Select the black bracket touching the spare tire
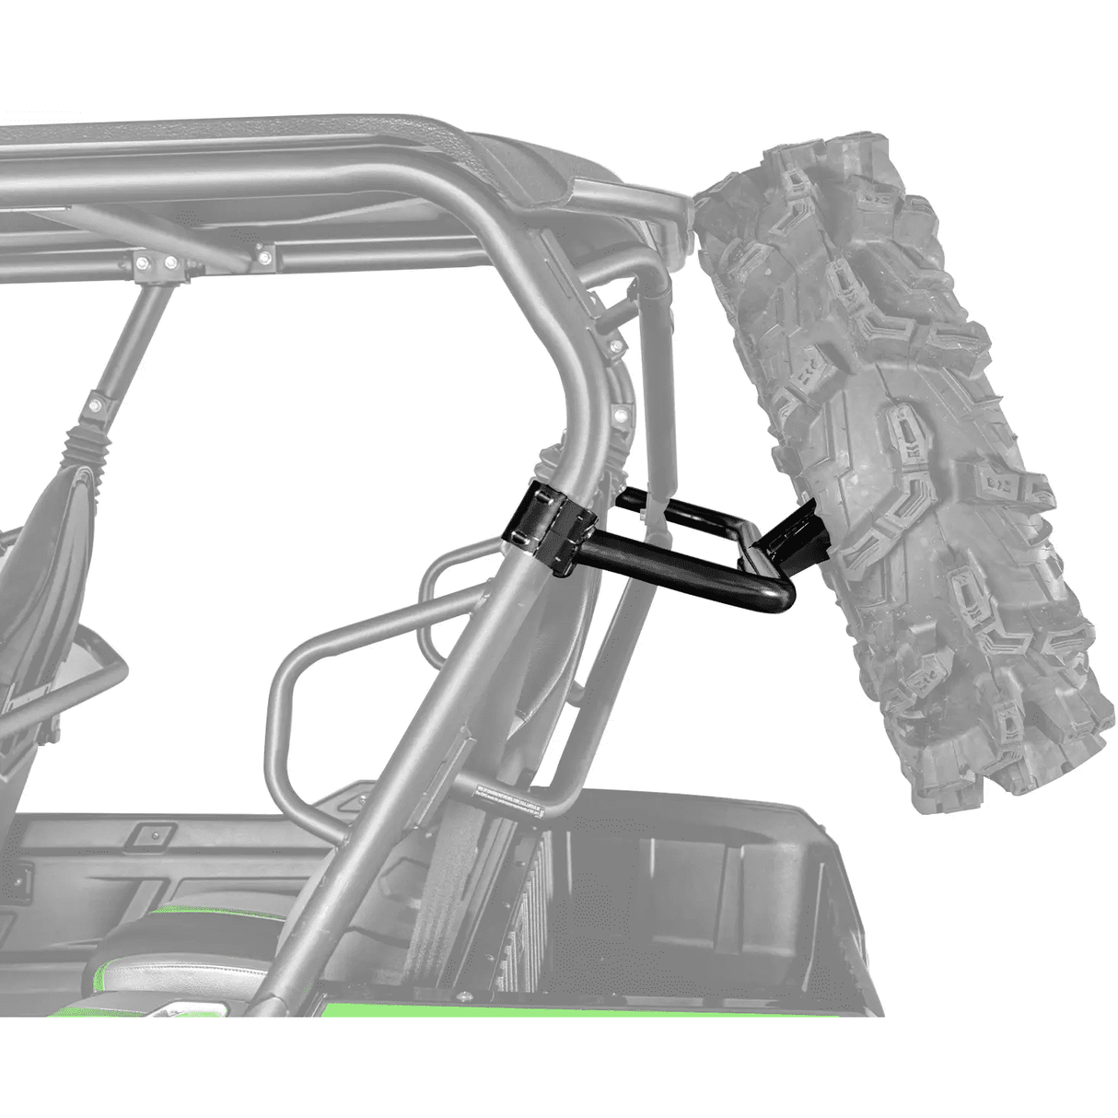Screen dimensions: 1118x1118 [x=791, y=543]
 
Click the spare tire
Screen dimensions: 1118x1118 [x=903, y=460]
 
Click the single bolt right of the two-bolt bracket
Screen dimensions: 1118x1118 [x=264, y=254]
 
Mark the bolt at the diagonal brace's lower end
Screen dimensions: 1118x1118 [x=94, y=404]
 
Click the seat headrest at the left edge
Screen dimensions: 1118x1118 [x=37, y=553]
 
